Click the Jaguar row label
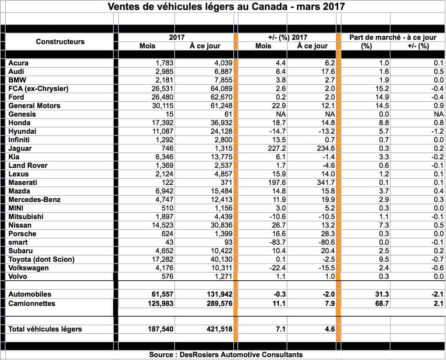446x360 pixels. [x=20, y=148]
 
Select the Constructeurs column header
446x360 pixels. [x=60, y=42]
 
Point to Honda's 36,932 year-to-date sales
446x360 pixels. [x=219, y=123]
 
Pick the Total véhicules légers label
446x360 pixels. [x=45, y=329]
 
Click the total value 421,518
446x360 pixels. [x=219, y=329]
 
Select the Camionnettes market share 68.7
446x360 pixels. [x=382, y=303]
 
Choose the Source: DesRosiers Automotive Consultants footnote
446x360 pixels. [x=226, y=355]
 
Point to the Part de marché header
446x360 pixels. [x=393, y=37]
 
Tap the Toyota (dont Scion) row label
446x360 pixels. [x=42, y=259]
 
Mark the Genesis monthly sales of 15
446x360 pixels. [x=169, y=114]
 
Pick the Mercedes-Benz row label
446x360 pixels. [x=34, y=200]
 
